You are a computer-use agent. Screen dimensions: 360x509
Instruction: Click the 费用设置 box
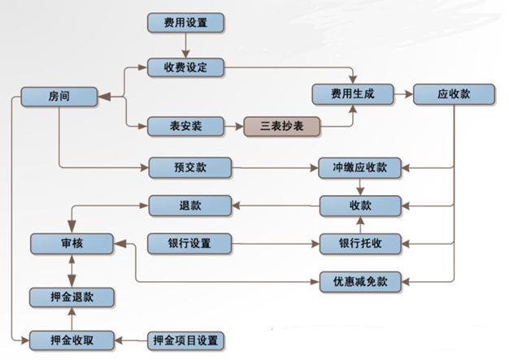186,23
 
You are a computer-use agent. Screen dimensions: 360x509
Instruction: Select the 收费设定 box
186,67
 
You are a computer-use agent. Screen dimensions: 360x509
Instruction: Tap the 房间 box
59,96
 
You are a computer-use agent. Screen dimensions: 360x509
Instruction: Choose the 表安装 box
186,126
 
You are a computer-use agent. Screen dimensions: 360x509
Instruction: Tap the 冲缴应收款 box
359,168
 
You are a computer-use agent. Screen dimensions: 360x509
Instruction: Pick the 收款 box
359,206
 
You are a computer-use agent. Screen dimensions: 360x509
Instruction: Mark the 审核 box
72,243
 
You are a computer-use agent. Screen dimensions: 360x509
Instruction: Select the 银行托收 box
359,243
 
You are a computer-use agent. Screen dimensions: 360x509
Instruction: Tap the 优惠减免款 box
359,281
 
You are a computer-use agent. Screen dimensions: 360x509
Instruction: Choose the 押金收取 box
72,339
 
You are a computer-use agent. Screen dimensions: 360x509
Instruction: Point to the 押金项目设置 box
185,339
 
